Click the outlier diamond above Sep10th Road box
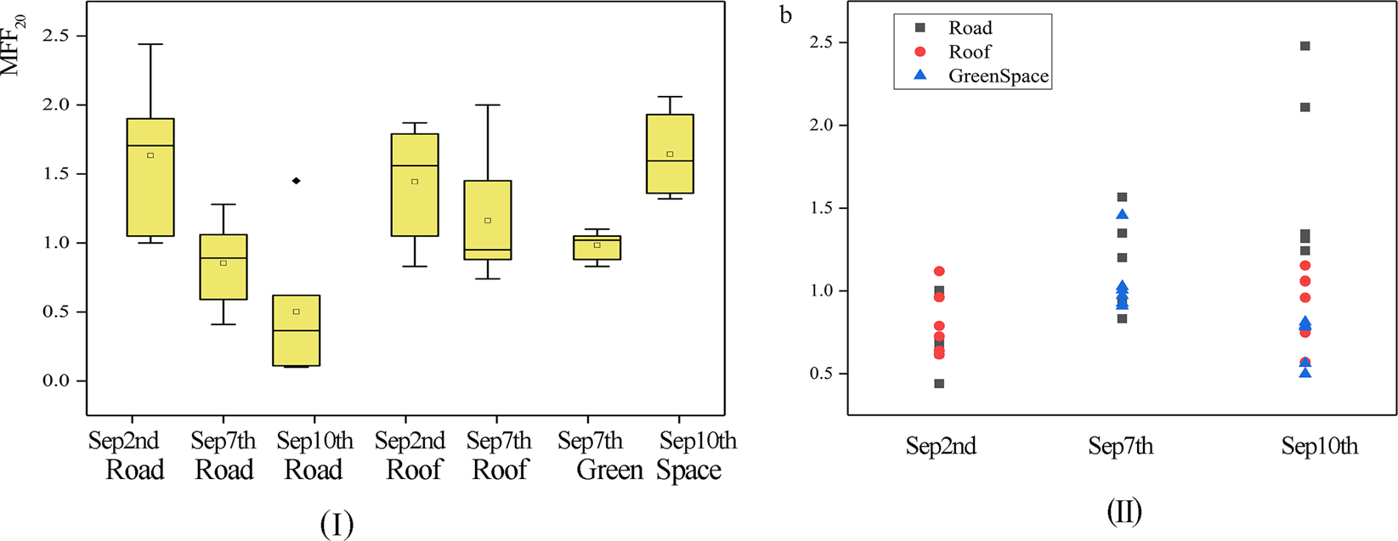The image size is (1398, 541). pyautogui.click(x=296, y=181)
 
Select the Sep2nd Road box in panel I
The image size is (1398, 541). pyautogui.click(x=150, y=178)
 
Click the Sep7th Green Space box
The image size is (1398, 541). pyautogui.click(x=597, y=247)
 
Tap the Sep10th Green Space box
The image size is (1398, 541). pyautogui.click(x=670, y=154)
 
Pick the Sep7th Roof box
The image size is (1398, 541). pyautogui.click(x=488, y=220)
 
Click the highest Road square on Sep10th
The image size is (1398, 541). pyautogui.click(x=1305, y=46)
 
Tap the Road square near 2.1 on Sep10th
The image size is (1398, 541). pyautogui.click(x=1305, y=107)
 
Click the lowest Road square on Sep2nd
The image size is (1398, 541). pyautogui.click(x=939, y=384)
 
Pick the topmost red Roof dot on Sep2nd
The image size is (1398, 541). pyautogui.click(x=939, y=272)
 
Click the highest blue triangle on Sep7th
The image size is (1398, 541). pyautogui.click(x=1123, y=215)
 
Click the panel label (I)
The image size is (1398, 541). pyautogui.click(x=337, y=524)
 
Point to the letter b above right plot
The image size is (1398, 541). pyautogui.click(x=786, y=15)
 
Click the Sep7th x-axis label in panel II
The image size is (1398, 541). pyautogui.click(x=1121, y=447)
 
